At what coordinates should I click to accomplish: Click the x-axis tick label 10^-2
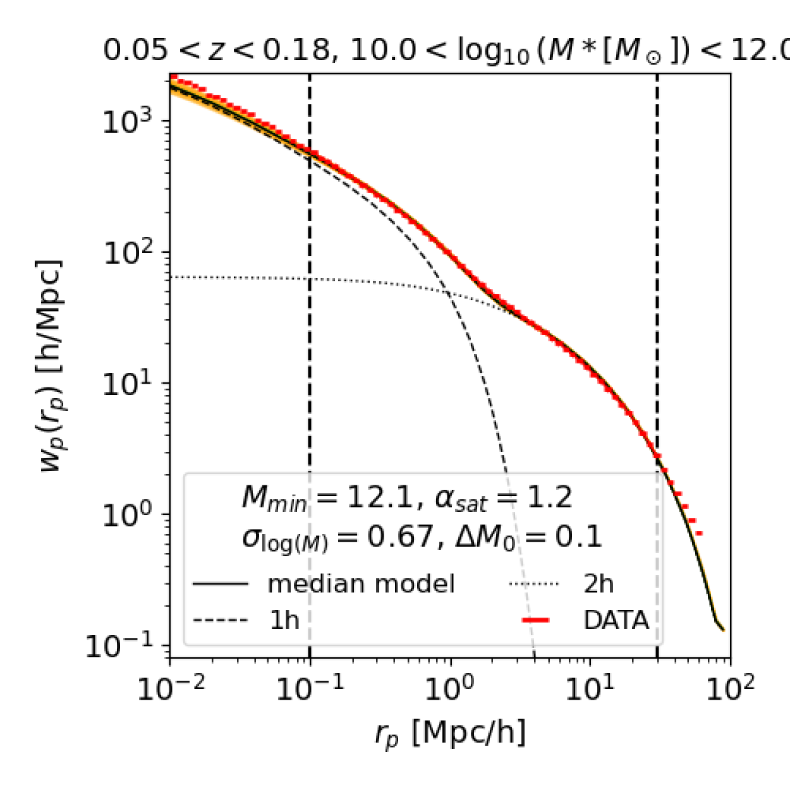(x=171, y=688)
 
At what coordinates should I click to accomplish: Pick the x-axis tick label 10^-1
(x=310, y=688)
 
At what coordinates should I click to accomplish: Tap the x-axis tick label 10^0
(x=450, y=688)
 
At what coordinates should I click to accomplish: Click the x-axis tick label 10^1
(x=590, y=688)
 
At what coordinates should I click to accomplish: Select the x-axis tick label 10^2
(x=730, y=688)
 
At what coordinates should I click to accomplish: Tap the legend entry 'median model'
(x=360, y=584)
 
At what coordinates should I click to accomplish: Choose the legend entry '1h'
(x=284, y=620)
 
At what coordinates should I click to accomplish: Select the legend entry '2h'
(x=598, y=584)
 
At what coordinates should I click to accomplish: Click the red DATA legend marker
(x=536, y=620)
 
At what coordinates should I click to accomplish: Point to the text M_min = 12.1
(x=329, y=498)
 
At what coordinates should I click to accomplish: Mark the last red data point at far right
(x=698, y=533)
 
